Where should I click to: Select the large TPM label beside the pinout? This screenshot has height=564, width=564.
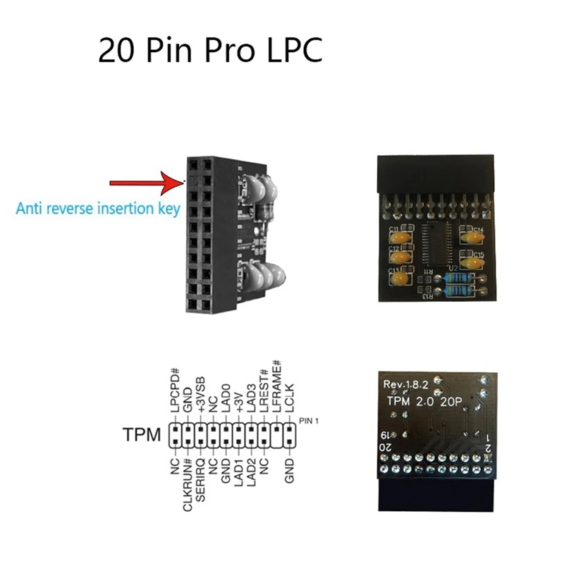coord(141,436)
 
